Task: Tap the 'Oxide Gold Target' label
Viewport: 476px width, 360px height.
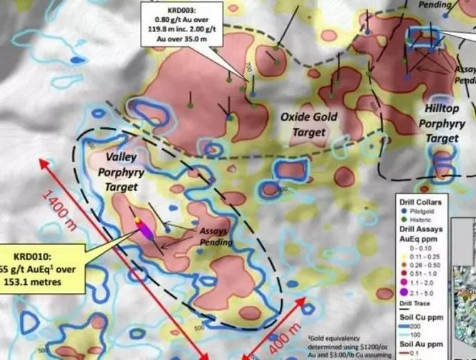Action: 309,124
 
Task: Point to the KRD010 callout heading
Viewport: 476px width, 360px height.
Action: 27,257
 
